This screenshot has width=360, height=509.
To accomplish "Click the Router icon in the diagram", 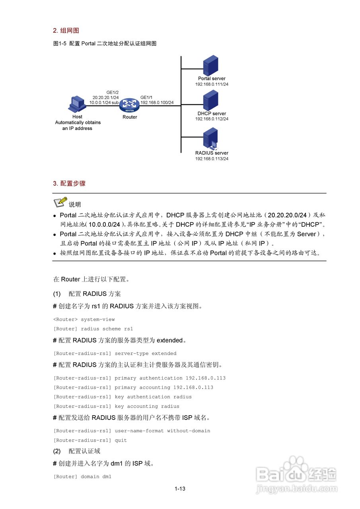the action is click(x=130, y=105).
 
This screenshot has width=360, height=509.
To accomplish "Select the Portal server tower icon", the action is click(x=210, y=66).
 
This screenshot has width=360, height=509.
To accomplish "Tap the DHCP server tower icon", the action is click(x=210, y=100).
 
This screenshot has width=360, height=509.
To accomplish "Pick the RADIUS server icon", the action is click(x=210, y=138).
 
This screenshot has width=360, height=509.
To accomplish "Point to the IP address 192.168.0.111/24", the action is click(x=212, y=84).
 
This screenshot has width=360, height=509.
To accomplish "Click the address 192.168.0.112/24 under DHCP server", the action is click(x=212, y=119).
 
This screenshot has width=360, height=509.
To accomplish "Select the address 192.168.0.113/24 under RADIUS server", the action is click(x=212, y=159).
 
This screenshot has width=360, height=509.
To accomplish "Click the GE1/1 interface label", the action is click(x=146, y=97).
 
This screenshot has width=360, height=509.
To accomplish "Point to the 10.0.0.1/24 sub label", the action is click(x=104, y=103).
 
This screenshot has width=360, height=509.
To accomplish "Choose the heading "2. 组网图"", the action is click(x=66, y=31).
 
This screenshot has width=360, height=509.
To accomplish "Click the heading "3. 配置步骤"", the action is click(x=69, y=183).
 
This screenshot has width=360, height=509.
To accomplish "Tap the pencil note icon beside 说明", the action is click(x=60, y=203).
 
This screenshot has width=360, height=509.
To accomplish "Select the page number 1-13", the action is click(x=180, y=489).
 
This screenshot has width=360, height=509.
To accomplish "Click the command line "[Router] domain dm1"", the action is click(x=82, y=476).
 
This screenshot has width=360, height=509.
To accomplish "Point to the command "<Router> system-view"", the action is click(x=84, y=319).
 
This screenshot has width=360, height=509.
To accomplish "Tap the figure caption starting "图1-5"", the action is click(x=105, y=44).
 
